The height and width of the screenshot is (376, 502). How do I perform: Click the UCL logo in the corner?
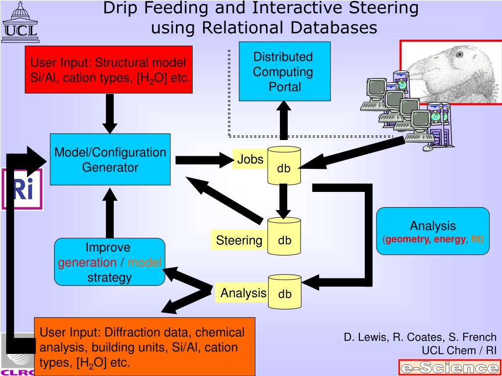tap(20, 22)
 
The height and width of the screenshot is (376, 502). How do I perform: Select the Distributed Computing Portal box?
tap(284, 71)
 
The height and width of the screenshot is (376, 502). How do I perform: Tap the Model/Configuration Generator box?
tap(110, 160)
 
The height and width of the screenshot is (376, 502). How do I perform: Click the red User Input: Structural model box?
tap(109, 70)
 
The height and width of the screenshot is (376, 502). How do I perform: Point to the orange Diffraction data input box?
tap(145, 347)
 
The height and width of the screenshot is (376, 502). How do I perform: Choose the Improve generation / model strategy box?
tap(109, 262)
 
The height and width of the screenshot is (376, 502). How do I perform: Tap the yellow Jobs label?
tap(250, 159)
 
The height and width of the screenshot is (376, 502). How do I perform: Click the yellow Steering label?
tap(239, 240)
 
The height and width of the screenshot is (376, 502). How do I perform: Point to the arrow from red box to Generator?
tap(110, 113)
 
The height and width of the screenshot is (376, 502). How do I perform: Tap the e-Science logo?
tap(449, 368)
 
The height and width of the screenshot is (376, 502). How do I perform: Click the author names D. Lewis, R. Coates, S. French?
tap(420, 337)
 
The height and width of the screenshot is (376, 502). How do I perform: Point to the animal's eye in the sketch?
tap(459, 55)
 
